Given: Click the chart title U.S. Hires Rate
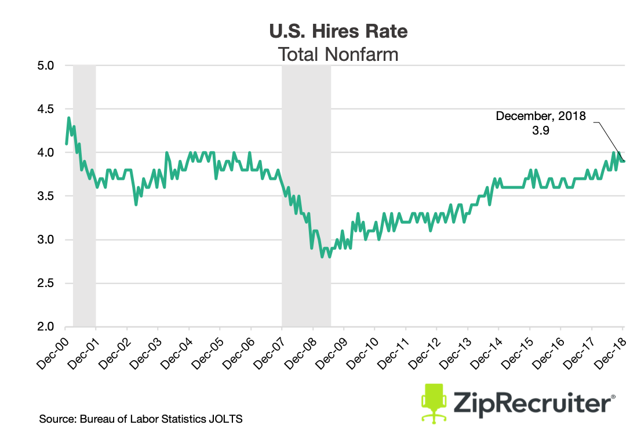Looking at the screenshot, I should pos(338,31).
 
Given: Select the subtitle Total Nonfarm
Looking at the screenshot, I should pos(338,55).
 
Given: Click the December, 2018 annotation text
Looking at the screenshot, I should pos(541,116).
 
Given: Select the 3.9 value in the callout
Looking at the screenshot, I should pos(540,130).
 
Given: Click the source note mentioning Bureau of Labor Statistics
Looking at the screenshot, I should pos(140,419).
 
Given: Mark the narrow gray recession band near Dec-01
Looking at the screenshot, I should pos(84,196).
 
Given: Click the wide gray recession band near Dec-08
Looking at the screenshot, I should pos(306,196).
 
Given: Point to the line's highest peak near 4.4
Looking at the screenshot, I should pos(69,118).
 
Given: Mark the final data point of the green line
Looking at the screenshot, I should pos(624,161).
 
